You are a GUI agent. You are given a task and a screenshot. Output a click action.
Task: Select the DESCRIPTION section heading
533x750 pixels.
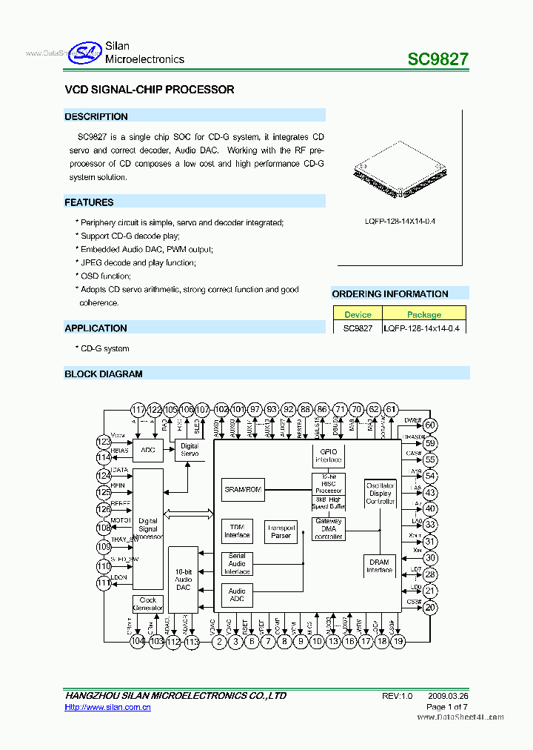coord(96,116)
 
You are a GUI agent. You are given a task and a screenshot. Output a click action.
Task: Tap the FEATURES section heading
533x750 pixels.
coord(90,202)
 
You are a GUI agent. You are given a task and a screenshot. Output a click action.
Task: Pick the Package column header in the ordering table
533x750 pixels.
coord(424,314)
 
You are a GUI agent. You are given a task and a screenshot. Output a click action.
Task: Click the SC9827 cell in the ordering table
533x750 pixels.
coord(358,328)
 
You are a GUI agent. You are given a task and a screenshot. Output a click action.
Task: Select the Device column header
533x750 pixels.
coord(358,314)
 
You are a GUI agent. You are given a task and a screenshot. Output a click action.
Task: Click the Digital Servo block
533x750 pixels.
coord(190,450)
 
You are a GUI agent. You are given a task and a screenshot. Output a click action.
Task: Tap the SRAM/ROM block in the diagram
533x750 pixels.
coord(243,489)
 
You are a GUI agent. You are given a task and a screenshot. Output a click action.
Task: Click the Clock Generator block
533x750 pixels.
coord(148,604)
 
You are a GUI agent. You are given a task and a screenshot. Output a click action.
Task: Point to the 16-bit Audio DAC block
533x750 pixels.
coord(183,578)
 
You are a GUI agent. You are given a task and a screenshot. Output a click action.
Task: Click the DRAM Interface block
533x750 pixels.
coord(380,565)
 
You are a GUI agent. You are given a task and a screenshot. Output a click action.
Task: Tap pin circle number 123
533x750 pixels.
coord(104,442)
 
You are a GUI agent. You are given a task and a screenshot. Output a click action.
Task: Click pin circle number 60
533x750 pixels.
coord(430,425)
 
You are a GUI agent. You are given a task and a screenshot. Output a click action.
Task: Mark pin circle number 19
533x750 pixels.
coord(398,642)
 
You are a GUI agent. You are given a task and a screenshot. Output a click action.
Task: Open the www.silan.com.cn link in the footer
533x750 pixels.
coord(108,708)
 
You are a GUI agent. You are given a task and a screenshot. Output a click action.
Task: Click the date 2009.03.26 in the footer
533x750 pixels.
coord(448,696)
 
